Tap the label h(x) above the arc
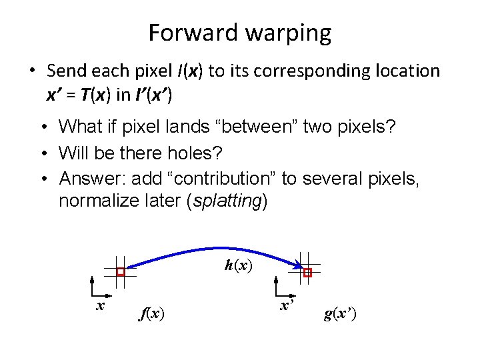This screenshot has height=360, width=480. (x=238, y=265)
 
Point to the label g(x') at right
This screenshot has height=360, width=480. (x=340, y=313)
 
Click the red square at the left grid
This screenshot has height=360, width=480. (x=121, y=272)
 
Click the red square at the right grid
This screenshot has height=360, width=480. (x=307, y=273)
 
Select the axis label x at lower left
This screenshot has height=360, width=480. (x=100, y=305)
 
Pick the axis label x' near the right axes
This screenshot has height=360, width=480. (x=287, y=305)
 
